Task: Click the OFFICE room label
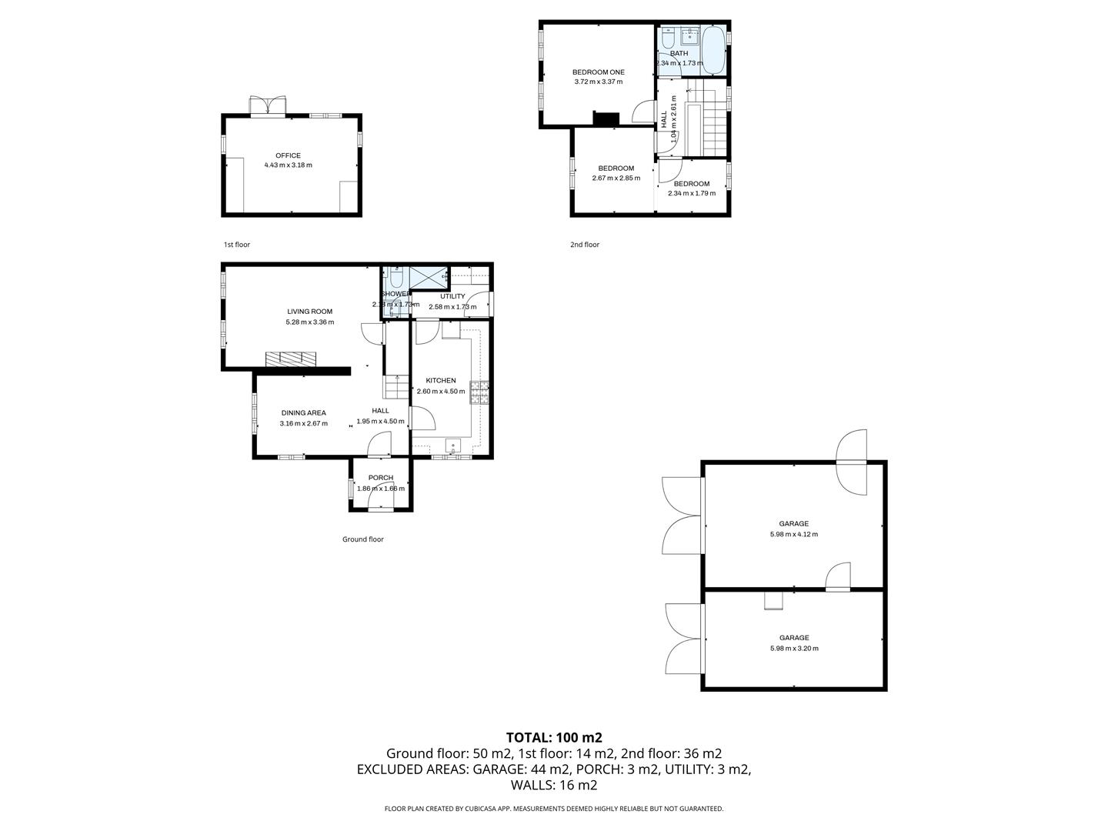[288, 155]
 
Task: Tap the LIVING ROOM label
[309, 312]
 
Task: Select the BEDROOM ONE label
[598, 72]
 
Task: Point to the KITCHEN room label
[441, 380]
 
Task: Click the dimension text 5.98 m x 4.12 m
[793, 534]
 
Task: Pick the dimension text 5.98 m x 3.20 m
[793, 648]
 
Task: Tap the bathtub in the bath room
[715, 50]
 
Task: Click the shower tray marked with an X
[428, 276]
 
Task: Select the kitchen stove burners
[480, 392]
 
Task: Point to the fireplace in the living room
[291, 359]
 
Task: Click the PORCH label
[380, 478]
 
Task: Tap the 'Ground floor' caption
[362, 539]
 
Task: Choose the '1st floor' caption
[237, 245]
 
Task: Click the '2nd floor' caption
[584, 245]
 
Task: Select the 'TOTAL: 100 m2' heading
[553, 737]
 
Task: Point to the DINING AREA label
[303, 413]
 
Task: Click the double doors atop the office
[269, 105]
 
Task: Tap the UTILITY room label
[452, 296]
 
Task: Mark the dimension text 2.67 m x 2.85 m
[616, 179]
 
